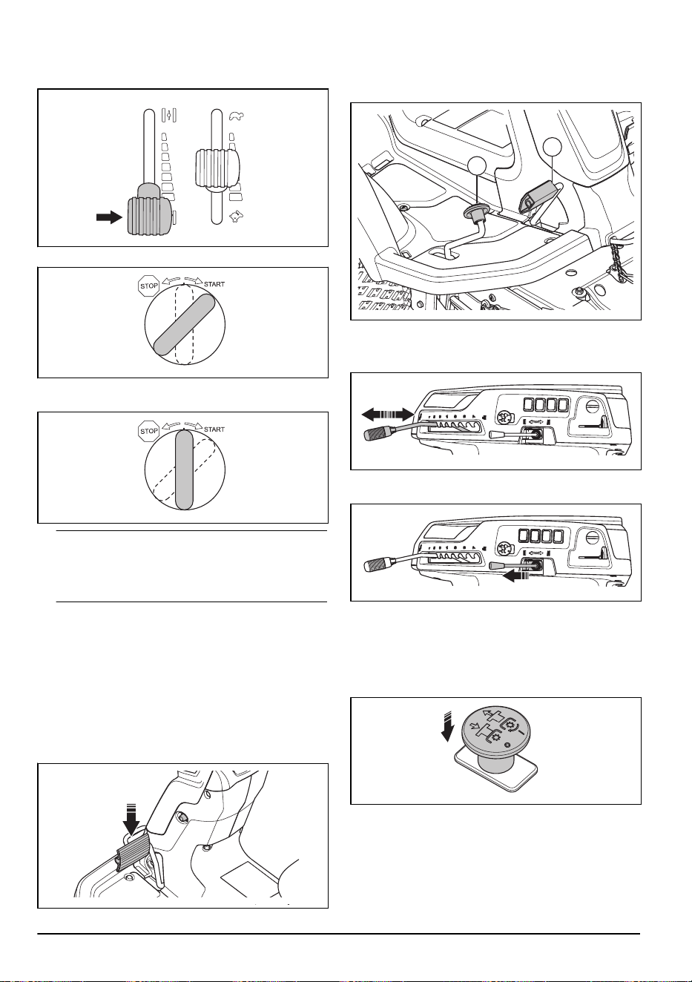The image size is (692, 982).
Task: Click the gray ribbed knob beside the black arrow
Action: tap(149, 216)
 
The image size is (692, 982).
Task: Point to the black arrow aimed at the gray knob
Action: tap(109, 217)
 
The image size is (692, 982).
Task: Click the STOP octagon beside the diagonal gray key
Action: tap(148, 286)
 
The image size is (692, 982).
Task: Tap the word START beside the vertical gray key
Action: tap(214, 429)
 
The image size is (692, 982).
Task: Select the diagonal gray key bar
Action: tap(184, 324)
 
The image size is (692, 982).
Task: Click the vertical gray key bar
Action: tap(184, 469)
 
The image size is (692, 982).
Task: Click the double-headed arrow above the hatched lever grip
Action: tap(387, 413)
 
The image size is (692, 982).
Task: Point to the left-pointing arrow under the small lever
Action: tap(515, 577)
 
